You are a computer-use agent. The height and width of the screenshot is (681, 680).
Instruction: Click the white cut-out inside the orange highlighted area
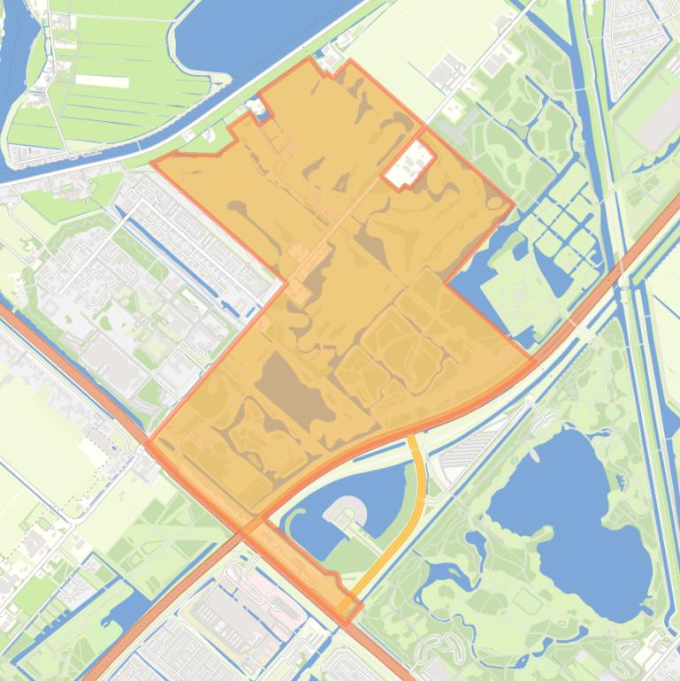coord(409,165)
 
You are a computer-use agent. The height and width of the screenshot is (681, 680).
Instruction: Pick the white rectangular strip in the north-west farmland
coord(102,80)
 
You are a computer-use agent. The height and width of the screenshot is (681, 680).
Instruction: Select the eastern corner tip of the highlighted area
coord(533,361)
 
